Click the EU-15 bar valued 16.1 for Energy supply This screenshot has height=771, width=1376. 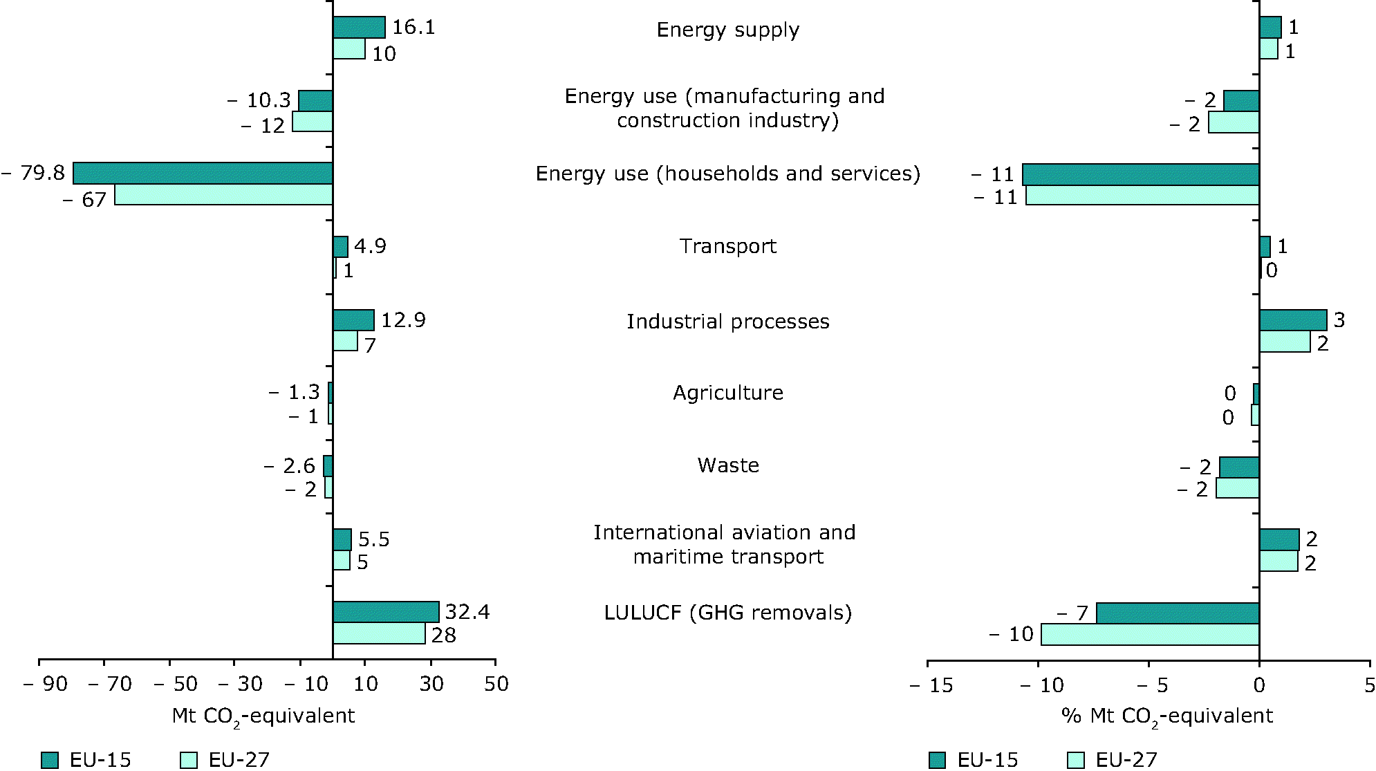point(359,28)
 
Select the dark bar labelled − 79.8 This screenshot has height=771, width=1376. point(203,174)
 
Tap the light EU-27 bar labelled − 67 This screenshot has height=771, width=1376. point(223,195)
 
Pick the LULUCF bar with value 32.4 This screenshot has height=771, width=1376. point(386,612)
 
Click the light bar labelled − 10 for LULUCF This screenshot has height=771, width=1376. point(1150,635)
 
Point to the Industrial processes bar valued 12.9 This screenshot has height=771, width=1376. point(353,320)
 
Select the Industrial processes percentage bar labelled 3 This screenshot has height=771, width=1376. point(1293,320)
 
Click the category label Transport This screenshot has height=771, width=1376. point(727,247)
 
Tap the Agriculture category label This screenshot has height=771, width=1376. point(728,393)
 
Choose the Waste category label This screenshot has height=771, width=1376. point(728,466)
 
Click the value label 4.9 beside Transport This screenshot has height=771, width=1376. point(370,246)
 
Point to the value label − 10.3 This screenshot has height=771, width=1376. point(259,101)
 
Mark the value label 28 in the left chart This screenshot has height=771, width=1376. point(444,635)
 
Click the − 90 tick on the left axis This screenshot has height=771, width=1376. point(46,685)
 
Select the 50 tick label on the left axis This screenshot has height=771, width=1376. point(496,685)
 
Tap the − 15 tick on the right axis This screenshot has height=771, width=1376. point(931,685)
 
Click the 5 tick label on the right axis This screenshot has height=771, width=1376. point(1369,685)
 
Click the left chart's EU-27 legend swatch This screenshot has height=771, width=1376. point(188,760)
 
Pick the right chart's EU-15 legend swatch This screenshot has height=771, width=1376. point(938,760)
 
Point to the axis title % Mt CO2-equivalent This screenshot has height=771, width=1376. point(1166,716)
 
